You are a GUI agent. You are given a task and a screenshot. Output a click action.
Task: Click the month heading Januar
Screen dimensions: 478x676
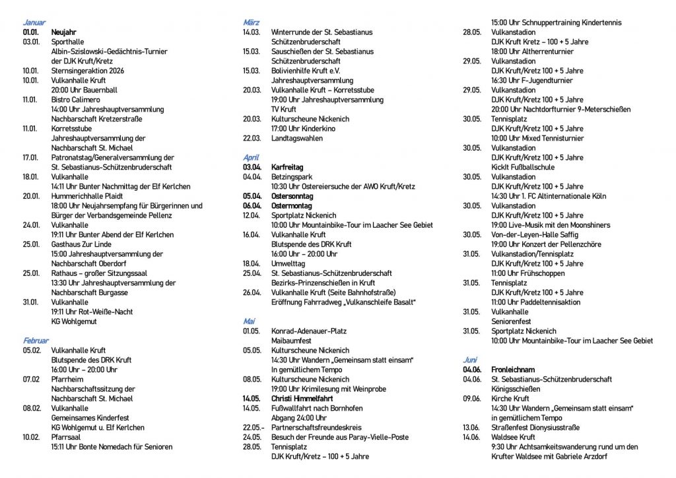[34, 22]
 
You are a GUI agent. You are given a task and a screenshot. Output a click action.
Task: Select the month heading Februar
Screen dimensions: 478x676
[36, 341]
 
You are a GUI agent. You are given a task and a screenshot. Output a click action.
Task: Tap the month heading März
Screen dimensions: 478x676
[251, 22]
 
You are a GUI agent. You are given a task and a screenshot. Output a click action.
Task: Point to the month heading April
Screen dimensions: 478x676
[251, 158]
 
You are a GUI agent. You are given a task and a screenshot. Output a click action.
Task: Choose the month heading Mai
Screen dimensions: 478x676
[249, 322]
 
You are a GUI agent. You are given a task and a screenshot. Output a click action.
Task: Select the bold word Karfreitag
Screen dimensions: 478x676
[287, 167]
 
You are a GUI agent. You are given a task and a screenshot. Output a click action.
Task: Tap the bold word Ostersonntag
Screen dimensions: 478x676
[292, 196]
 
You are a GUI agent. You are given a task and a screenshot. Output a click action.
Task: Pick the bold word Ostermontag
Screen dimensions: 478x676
[291, 206]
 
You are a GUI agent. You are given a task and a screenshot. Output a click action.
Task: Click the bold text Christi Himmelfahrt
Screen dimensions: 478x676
[302, 399]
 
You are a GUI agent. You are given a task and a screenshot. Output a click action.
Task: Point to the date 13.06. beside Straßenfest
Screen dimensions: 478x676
[471, 427]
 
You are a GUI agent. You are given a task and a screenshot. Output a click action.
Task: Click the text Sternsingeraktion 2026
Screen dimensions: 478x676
[87, 71]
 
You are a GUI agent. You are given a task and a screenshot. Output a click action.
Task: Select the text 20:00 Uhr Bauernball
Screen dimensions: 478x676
[84, 90]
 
